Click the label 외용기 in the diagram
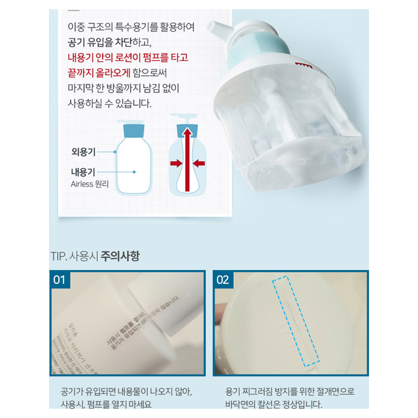pyautogui.click(x=84, y=152)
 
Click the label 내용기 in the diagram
pyautogui.click(x=84, y=172)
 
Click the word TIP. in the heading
pyautogui.click(x=58, y=256)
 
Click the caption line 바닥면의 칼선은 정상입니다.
pyautogui.click(x=274, y=404)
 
